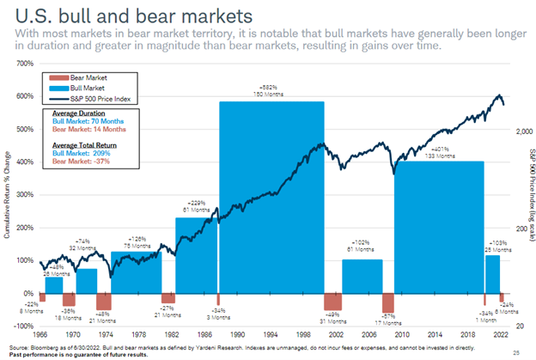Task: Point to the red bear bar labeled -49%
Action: (332, 300)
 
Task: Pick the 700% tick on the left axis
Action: (23, 64)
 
